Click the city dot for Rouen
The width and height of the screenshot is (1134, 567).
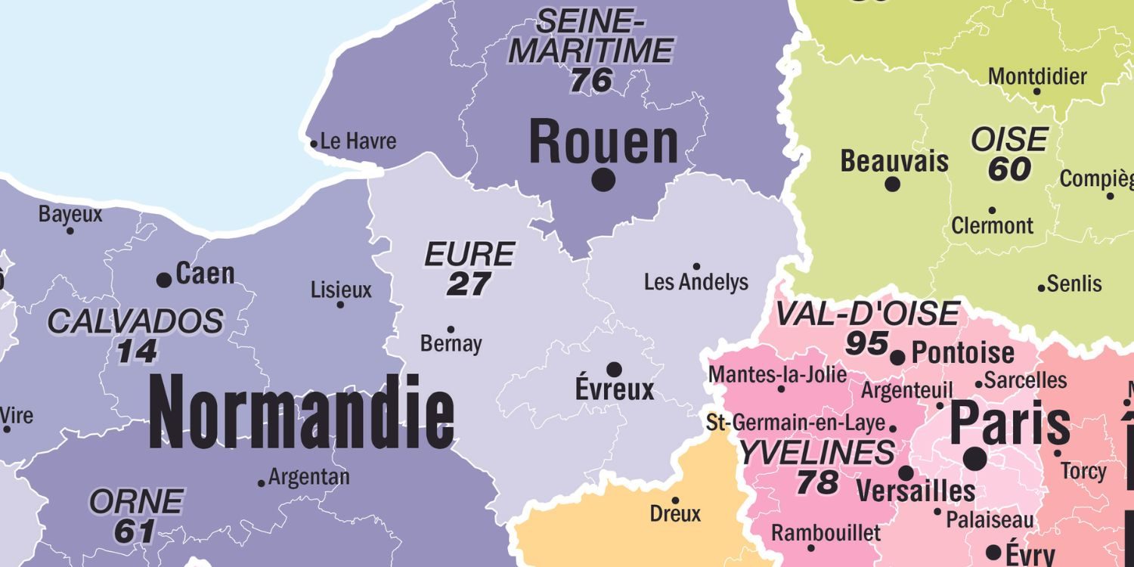tap(603, 180)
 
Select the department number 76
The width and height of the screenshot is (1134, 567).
tap(591, 80)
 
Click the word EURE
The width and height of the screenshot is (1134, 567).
tap(469, 255)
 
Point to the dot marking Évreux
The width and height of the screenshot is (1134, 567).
tap(615, 369)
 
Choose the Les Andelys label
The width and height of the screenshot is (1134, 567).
tap(696, 283)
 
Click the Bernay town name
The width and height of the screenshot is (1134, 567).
tap(451, 344)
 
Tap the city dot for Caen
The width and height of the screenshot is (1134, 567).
tap(164, 280)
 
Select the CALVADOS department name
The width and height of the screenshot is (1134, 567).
tap(135, 322)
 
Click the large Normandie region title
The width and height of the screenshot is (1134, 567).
tap(302, 413)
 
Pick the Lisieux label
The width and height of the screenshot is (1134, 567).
tap(342, 290)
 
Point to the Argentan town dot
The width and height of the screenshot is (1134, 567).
tap(262, 483)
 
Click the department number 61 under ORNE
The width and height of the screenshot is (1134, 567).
tap(135, 531)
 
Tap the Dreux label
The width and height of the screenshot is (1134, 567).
tap(675, 514)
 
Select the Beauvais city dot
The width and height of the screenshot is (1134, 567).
tap(892, 184)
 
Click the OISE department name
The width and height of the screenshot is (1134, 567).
tap(1009, 140)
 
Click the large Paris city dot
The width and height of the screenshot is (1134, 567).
tap(975, 458)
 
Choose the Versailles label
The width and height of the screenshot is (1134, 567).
tap(916, 491)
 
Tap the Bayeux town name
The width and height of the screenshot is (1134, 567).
tap(70, 215)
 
